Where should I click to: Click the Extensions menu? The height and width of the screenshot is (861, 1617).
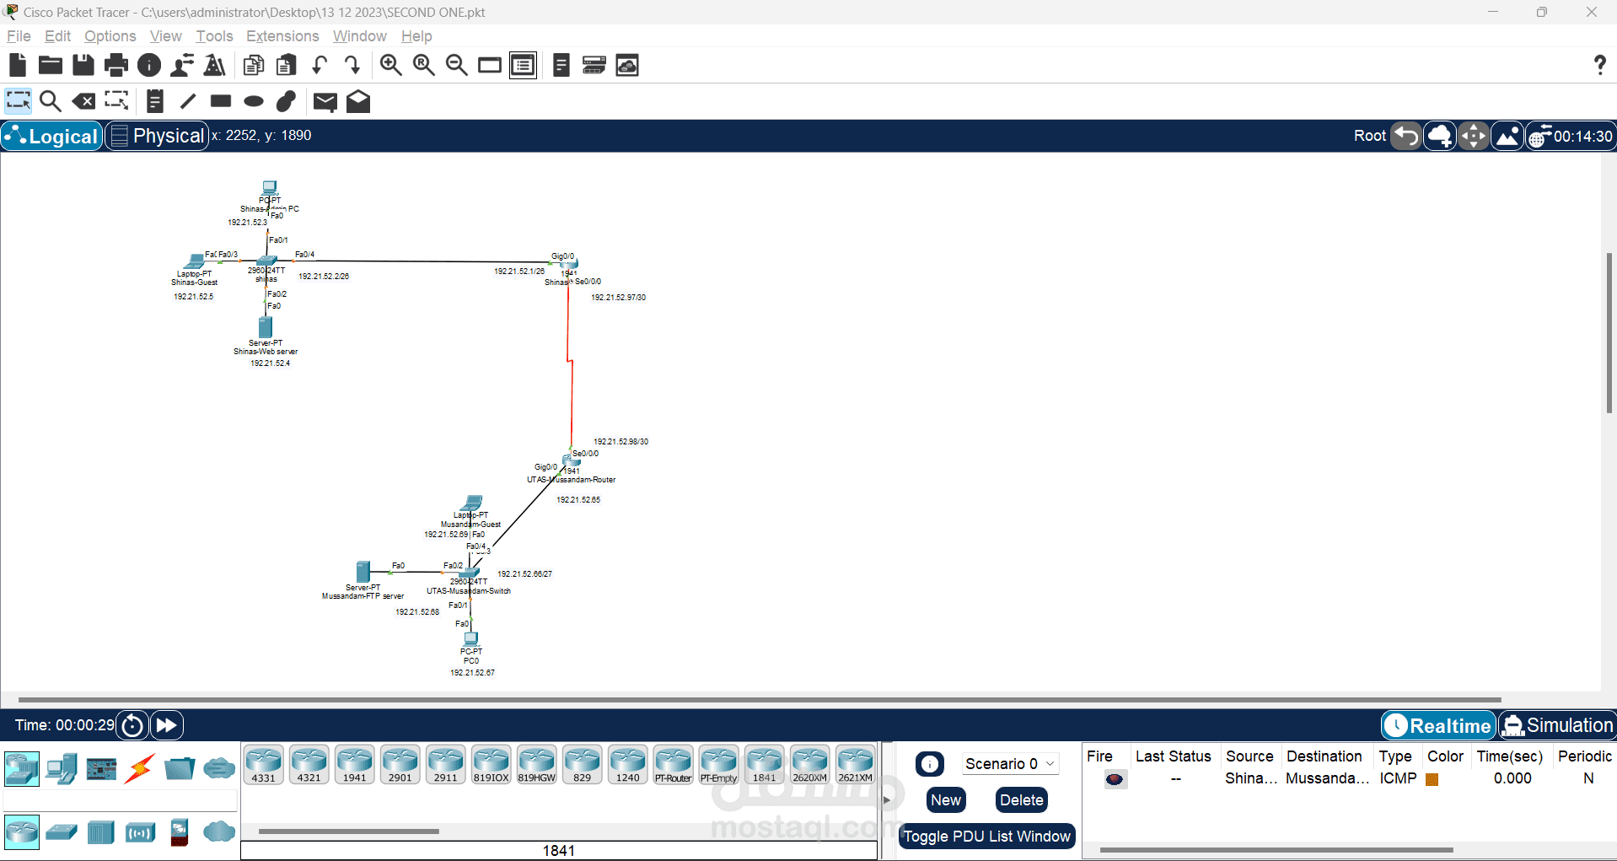tap(282, 36)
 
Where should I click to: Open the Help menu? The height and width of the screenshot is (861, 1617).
tap(416, 36)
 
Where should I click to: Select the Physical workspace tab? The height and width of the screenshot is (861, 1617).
tap(158, 136)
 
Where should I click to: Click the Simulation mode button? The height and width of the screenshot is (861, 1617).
tap(1557, 725)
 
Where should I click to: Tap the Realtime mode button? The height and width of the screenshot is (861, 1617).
tap(1438, 725)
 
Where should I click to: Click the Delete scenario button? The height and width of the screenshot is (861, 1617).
tap(1021, 800)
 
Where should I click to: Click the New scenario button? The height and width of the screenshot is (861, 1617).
tap(946, 800)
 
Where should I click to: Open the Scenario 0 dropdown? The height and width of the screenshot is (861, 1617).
tap(1009, 763)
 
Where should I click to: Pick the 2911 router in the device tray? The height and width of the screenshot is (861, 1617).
tap(445, 764)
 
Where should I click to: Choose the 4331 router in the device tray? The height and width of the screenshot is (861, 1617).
tap(263, 764)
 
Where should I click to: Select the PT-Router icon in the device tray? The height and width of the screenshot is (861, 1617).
tap(673, 764)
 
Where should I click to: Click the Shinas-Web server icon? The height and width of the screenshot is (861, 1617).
tap(266, 326)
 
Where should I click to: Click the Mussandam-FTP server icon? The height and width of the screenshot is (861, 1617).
tap(363, 572)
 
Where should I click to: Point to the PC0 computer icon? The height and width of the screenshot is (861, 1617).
tap(471, 638)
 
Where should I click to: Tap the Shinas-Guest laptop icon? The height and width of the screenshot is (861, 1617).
tap(195, 261)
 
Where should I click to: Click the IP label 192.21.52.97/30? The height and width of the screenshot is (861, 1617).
tap(618, 298)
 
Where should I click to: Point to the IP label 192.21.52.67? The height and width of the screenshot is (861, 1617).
tap(472, 673)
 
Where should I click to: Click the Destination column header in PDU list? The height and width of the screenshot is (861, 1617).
tap(1324, 756)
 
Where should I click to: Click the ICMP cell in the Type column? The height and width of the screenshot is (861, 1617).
tap(1397, 778)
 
